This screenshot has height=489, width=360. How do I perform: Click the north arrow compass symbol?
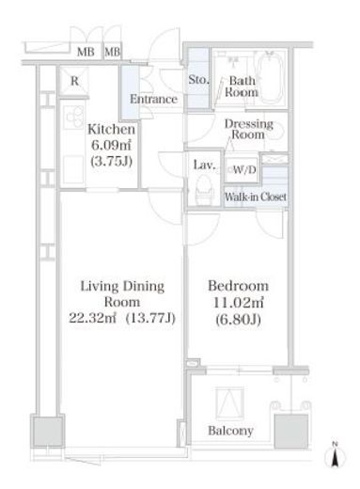335,455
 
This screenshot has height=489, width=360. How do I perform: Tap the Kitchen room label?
111,129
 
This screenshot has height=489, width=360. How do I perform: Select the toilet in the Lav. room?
205,190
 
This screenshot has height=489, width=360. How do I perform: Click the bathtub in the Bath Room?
270,77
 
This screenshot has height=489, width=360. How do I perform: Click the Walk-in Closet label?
256,197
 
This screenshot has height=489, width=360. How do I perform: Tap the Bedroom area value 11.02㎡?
238,303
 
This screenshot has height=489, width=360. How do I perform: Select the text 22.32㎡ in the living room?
92,318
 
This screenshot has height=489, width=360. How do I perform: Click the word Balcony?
230,431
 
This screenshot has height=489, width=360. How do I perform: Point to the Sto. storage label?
198,80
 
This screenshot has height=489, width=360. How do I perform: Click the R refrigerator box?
74,81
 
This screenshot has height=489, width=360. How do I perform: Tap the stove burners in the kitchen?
74,118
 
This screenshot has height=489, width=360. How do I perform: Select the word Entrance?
153,100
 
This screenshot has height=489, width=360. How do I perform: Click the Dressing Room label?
248,129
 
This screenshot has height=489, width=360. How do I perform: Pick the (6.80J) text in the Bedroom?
238,320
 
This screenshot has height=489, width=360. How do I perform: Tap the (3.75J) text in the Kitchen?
111,161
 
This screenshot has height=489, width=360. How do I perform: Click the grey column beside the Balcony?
291,432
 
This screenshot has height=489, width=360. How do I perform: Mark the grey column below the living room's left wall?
48,431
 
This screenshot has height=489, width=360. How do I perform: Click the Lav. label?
204,165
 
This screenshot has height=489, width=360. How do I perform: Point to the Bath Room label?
242,87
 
